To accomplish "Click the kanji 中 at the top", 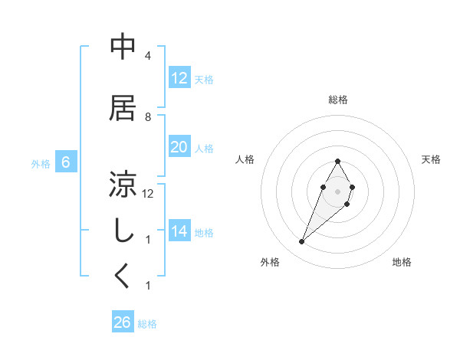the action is pos(123,47).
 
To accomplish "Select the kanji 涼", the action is pos(123,184).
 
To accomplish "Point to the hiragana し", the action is pos(123,231).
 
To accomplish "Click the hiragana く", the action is pos(123,276).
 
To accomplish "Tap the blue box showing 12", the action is pos(179,77).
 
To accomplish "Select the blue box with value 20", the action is pos(179,147).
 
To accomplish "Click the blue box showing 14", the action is pos(179,231).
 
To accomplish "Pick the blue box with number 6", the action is pos(66,162).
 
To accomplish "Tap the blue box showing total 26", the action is pos(123,322).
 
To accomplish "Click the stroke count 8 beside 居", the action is pos(148,116).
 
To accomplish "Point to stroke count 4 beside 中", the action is pos(148,56).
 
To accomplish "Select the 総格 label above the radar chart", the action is pos(338,100).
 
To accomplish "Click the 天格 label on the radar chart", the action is pos(432,159).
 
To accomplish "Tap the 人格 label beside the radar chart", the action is pos(245,159).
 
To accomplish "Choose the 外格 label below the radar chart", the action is pos(269,262).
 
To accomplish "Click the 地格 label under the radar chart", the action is pos(402,262).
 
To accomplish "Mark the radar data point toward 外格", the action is pos(302,242).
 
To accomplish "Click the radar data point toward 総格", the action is pos(338,161).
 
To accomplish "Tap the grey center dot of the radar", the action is pos(338,191).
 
